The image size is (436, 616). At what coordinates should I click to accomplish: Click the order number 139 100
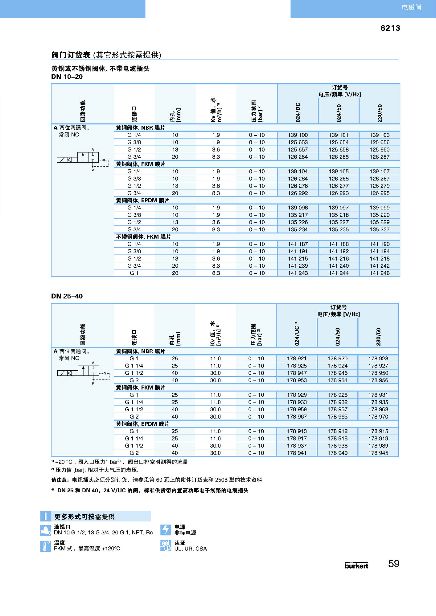point(298,135)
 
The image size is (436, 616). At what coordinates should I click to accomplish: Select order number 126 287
point(380,157)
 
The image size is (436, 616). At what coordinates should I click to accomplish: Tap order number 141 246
point(380,273)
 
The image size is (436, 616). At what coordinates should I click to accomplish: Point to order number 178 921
point(297,359)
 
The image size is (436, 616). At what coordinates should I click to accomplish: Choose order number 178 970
point(378,417)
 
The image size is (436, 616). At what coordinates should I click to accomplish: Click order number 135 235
point(339,229)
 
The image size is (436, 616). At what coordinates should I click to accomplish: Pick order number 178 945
point(378,453)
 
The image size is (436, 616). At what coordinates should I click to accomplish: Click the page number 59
point(394,564)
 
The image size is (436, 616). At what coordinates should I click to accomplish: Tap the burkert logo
point(356,565)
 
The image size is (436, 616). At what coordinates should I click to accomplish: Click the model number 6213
point(390,28)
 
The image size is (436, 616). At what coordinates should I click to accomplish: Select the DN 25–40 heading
point(67,296)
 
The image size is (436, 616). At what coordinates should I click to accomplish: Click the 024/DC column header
point(298,112)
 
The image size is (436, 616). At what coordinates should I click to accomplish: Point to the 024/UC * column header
point(297,334)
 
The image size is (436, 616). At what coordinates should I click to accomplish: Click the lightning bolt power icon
point(166,530)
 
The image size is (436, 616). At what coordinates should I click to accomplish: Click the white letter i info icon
point(46,516)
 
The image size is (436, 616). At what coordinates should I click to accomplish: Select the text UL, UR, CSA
point(191,549)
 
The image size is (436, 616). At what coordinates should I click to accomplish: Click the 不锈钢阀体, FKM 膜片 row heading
point(143,237)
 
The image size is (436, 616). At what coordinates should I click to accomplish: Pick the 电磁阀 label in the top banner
point(411,7)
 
